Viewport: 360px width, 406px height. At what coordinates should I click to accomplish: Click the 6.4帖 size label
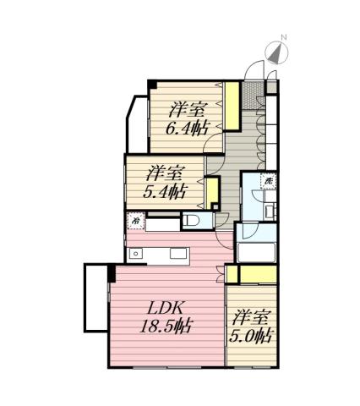tap(188, 129)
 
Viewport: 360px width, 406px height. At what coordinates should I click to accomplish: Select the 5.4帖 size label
tap(164, 190)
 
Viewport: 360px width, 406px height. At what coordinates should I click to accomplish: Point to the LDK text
tap(166, 307)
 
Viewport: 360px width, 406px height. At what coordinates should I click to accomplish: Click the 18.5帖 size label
tap(166, 326)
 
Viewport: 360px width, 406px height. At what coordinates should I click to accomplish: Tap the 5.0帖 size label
tap(252, 336)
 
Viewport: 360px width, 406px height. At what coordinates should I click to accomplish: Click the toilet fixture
tap(192, 222)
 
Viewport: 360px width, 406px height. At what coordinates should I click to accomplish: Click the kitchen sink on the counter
tap(135, 254)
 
